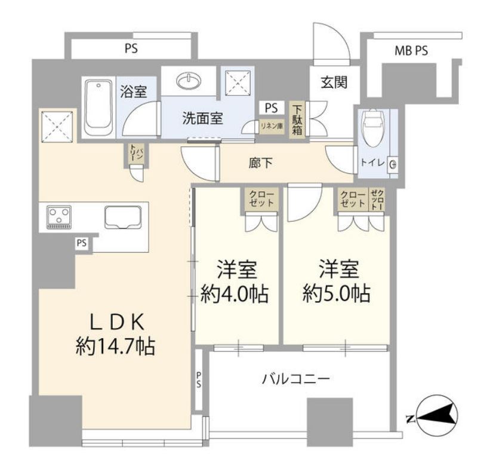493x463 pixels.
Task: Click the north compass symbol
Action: (x=436, y=416)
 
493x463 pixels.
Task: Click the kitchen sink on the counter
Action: (x=122, y=216)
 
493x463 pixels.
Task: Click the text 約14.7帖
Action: (x=115, y=345)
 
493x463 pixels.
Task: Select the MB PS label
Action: (x=411, y=51)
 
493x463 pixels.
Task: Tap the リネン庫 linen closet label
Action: (x=271, y=127)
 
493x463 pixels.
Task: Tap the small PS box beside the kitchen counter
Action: (x=81, y=243)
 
